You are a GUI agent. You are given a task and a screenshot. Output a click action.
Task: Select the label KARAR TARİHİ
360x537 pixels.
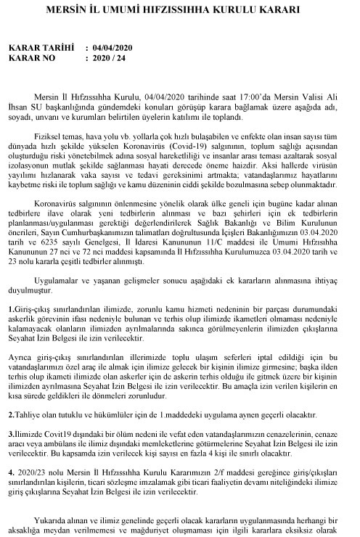[x=40, y=47]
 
